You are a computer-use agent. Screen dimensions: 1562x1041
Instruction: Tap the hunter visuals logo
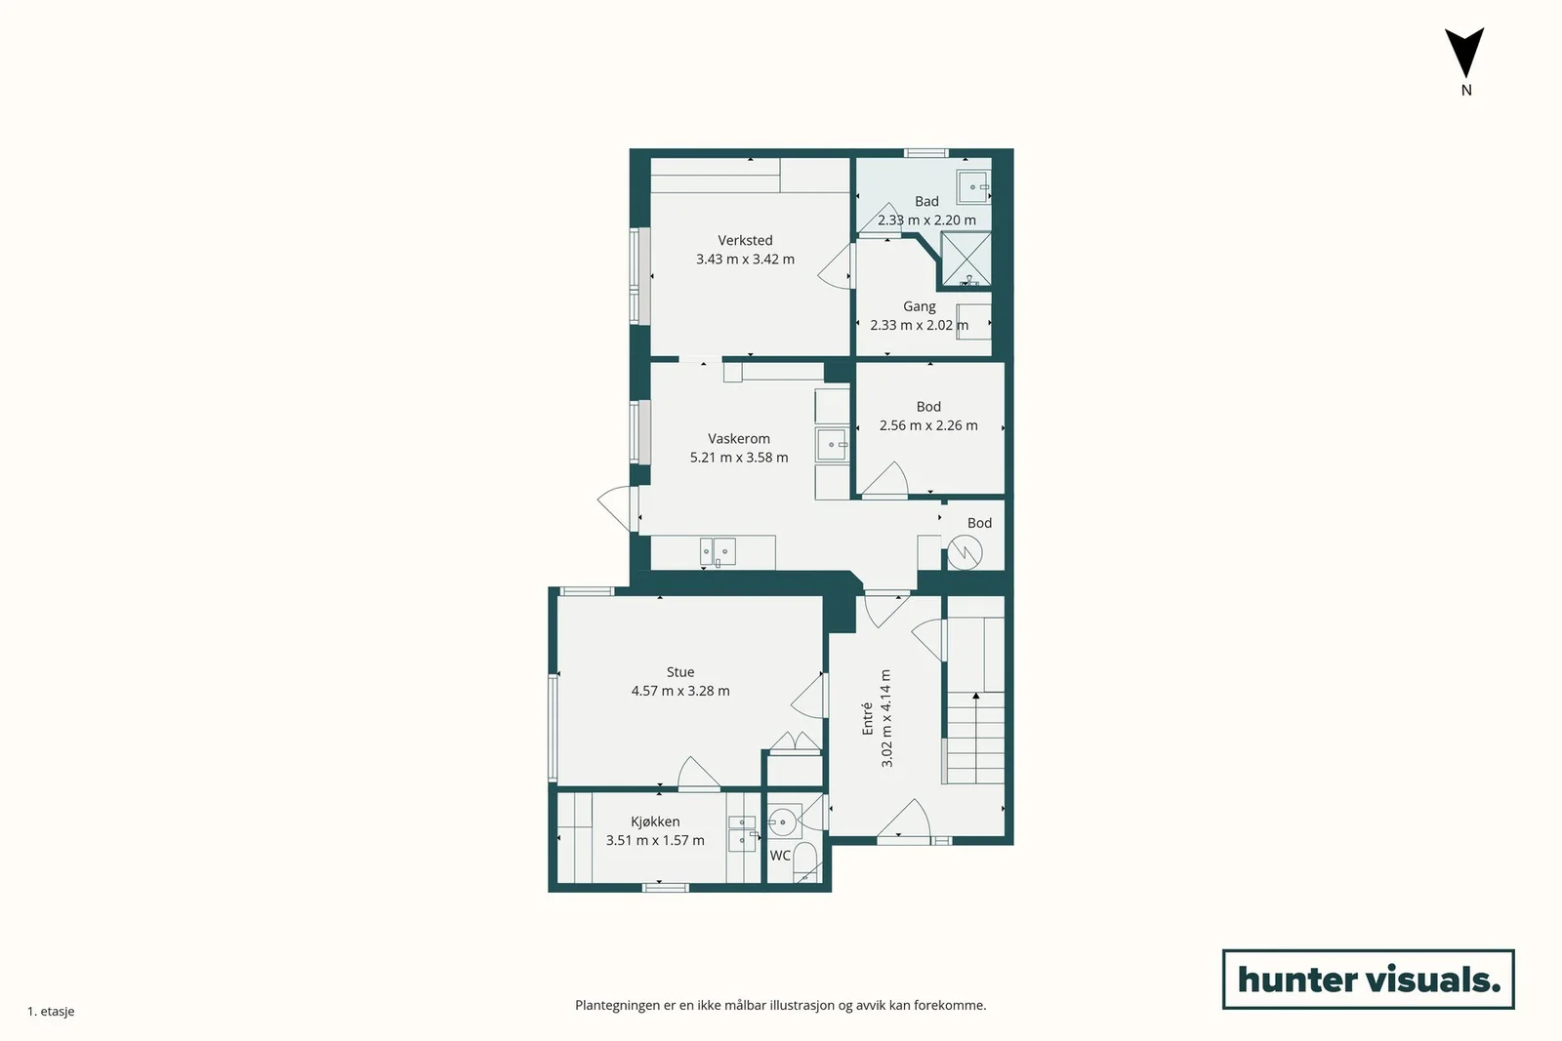coord(1368,979)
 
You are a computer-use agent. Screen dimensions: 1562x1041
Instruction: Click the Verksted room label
coord(745,240)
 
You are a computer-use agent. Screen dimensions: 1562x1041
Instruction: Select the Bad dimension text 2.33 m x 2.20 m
coord(926,220)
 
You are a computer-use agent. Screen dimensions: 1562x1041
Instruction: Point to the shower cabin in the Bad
coord(966,260)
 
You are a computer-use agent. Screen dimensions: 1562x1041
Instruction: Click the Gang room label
coord(919,306)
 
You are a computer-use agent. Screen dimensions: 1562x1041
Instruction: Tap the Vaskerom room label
coord(738,439)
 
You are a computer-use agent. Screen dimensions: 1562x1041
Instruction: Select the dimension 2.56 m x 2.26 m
coord(928,425)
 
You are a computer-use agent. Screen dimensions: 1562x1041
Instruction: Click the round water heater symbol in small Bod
coord(965,552)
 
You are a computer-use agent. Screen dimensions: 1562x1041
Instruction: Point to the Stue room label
coord(679,672)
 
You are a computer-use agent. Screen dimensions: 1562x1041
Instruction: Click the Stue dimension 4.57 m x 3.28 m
coord(679,691)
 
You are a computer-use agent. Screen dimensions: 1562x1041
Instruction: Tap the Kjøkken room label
coord(655,822)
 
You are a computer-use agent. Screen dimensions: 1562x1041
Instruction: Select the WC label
coord(780,856)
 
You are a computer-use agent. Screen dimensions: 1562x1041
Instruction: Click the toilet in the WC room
coord(805,862)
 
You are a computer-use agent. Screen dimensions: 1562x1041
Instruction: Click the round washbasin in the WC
coord(782,822)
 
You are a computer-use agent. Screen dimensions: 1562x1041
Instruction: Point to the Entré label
coord(868,718)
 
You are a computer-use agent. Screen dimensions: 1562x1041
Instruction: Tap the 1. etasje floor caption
coord(51,1012)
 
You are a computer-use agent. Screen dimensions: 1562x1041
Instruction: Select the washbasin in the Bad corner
coord(973,186)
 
